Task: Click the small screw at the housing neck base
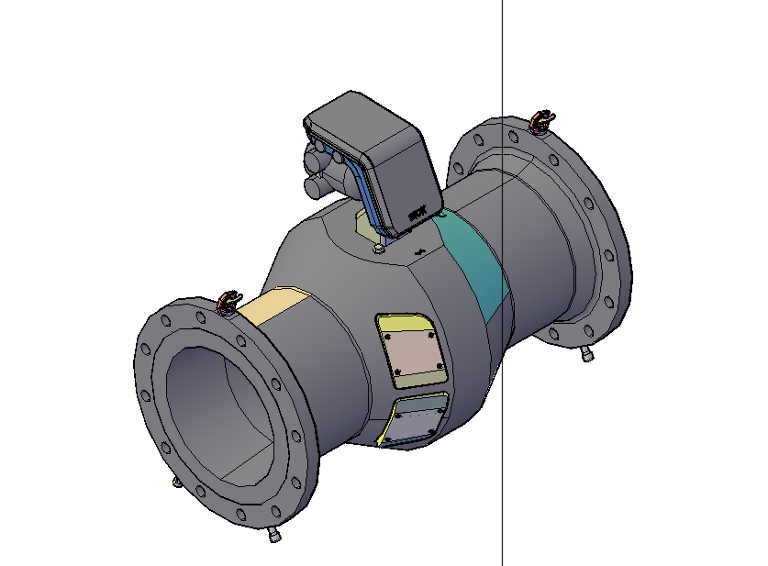[x=379, y=247]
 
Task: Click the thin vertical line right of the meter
[x=503, y=459]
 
